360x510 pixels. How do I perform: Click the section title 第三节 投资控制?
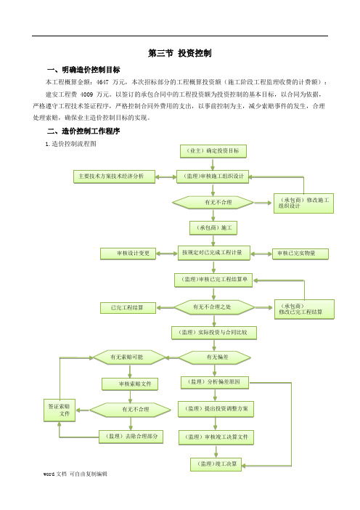(x=180, y=53)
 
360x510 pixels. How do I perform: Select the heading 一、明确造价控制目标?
(x=83, y=70)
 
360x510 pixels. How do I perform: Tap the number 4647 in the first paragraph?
(x=102, y=82)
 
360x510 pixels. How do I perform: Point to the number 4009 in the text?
(x=86, y=94)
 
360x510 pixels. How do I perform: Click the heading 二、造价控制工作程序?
(x=83, y=131)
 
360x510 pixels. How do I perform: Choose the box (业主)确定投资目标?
(x=213, y=151)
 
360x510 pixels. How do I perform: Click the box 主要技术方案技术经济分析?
(x=115, y=177)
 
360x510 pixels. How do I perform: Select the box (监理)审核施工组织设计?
(x=213, y=177)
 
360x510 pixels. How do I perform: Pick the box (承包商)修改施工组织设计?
(x=304, y=203)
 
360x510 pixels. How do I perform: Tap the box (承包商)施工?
(x=213, y=228)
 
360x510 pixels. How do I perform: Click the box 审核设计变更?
(x=128, y=254)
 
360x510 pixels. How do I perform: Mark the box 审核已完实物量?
(x=300, y=254)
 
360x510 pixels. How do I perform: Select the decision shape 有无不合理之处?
(x=214, y=307)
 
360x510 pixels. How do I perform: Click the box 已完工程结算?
(x=128, y=308)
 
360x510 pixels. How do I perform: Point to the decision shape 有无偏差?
(x=214, y=357)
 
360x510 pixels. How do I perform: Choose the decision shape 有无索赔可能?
(x=129, y=357)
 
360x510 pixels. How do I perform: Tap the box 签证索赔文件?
(x=60, y=410)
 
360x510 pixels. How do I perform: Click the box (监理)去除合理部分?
(x=131, y=437)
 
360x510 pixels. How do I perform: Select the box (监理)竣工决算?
(x=216, y=464)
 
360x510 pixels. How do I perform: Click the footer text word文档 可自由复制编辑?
(x=75, y=474)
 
